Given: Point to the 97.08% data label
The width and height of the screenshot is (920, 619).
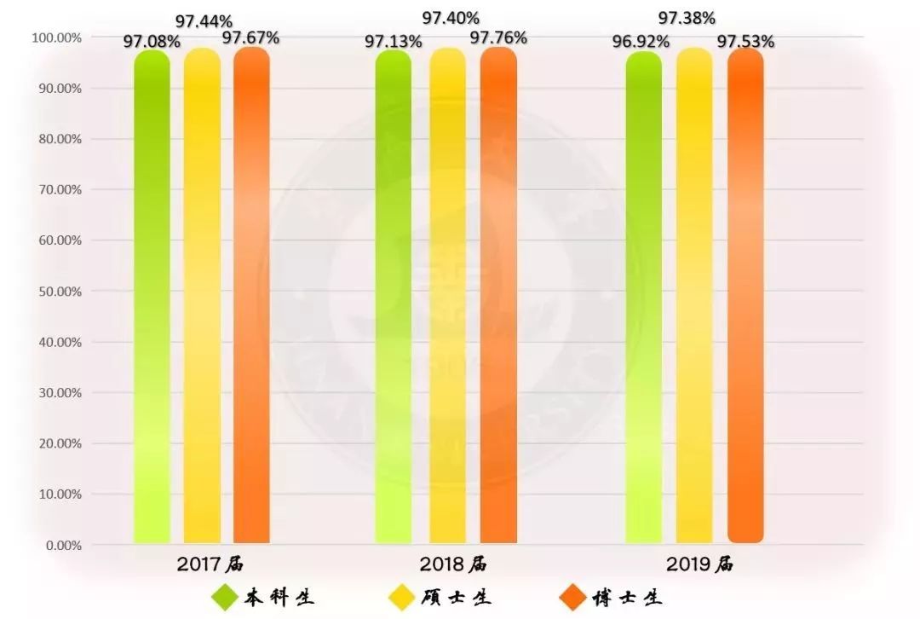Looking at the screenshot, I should tap(158, 41).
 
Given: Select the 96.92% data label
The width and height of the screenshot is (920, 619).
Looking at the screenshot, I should tap(641, 41).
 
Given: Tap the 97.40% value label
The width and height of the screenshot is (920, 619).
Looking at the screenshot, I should tap(451, 18).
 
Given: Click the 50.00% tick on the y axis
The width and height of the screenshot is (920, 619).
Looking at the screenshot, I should tap(56, 292).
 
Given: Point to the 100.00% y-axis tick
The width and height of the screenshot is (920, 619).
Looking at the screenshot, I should tap(56, 38).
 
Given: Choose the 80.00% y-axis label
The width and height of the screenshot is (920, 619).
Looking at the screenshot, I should tap(56, 139).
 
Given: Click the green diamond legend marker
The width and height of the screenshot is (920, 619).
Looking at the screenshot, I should tap(225, 597).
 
